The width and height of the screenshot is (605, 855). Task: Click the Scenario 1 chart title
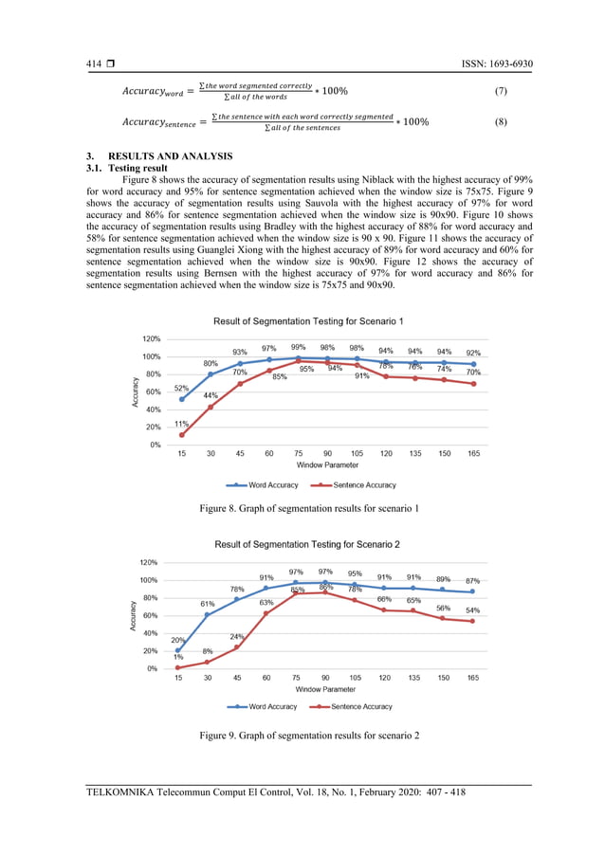(302, 321)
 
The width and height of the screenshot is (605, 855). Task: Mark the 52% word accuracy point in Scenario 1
(181, 399)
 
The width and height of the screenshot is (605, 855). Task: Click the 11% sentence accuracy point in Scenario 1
(181, 435)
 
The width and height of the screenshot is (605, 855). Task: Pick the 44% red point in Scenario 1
(211, 407)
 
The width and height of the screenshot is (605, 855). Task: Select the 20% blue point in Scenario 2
(177, 651)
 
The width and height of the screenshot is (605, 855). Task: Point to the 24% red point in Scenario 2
(236, 647)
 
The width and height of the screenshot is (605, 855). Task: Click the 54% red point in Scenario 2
(472, 621)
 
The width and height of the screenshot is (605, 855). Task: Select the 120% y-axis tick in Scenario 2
(151, 562)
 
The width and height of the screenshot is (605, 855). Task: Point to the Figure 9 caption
(309, 736)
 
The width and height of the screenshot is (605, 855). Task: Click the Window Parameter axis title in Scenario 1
(328, 465)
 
